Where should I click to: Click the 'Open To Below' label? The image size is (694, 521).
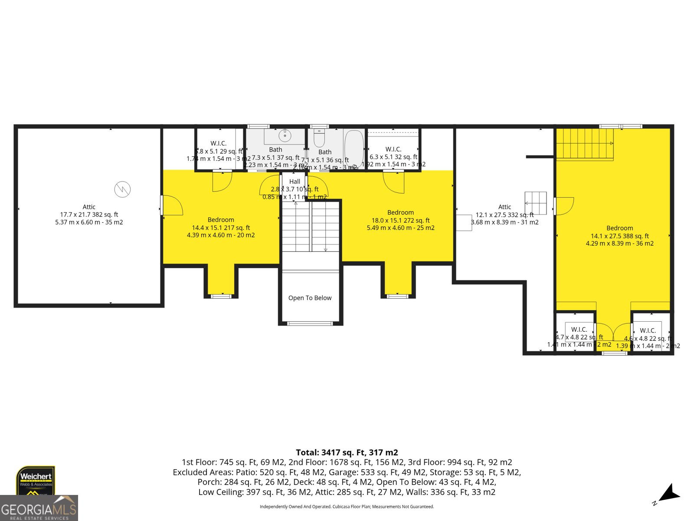310,298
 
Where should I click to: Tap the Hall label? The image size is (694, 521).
295,181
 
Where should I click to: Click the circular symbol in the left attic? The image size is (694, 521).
122,189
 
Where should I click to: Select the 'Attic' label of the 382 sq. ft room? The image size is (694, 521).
89,207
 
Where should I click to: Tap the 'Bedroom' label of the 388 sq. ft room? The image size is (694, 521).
619,228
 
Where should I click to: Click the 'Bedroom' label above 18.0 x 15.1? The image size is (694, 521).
400,212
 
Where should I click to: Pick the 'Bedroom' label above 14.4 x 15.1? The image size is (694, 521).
221,220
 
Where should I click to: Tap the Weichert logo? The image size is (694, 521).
36,480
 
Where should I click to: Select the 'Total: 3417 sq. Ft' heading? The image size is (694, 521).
347,452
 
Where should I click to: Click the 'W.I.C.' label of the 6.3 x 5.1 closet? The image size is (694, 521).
393,149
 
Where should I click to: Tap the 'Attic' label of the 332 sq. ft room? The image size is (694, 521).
504,207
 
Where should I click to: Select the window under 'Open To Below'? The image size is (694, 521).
310,323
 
